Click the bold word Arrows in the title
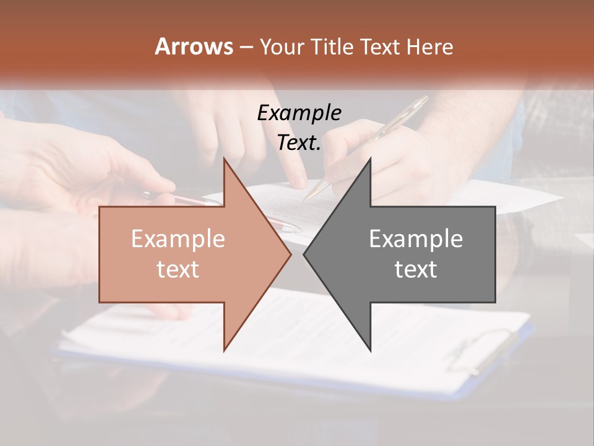coord(194,46)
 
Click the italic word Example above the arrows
coord(299,113)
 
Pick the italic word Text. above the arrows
coord(299,142)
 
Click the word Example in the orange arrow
coord(178,238)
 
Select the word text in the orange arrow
coord(178,269)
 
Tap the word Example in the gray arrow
coord(416,238)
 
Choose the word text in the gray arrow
coord(416,269)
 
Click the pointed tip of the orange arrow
coord(290,254)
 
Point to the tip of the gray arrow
coord(305,254)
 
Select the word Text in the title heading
coord(379,46)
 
